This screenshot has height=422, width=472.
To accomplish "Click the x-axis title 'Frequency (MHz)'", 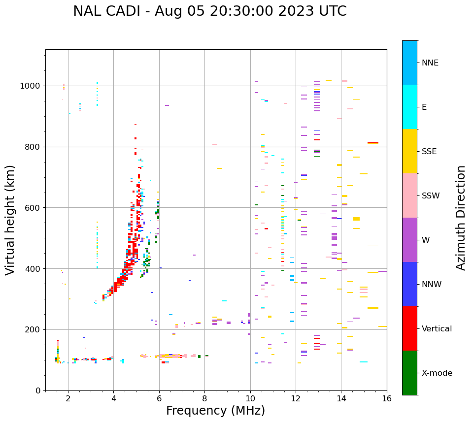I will click(215, 411).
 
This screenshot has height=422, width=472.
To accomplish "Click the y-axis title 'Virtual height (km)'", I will click(10, 220).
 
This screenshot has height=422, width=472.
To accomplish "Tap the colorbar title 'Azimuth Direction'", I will click(461, 218).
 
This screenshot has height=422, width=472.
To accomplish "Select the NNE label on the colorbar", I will click(430, 63).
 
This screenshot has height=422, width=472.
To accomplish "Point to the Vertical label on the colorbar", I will click(437, 329).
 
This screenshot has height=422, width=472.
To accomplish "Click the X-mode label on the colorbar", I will click(437, 373).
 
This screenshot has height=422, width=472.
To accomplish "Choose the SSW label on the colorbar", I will click(431, 196).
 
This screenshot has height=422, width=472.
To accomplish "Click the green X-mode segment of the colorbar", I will click(409, 373).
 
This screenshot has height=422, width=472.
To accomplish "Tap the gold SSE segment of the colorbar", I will click(409, 151).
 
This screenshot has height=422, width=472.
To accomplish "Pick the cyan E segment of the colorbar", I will click(409, 107).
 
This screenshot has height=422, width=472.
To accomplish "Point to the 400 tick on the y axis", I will click(34, 269).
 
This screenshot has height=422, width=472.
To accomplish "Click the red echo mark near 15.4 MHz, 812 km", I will click(373, 143).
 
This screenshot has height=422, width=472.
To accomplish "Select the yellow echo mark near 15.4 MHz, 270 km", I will click(373, 308).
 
